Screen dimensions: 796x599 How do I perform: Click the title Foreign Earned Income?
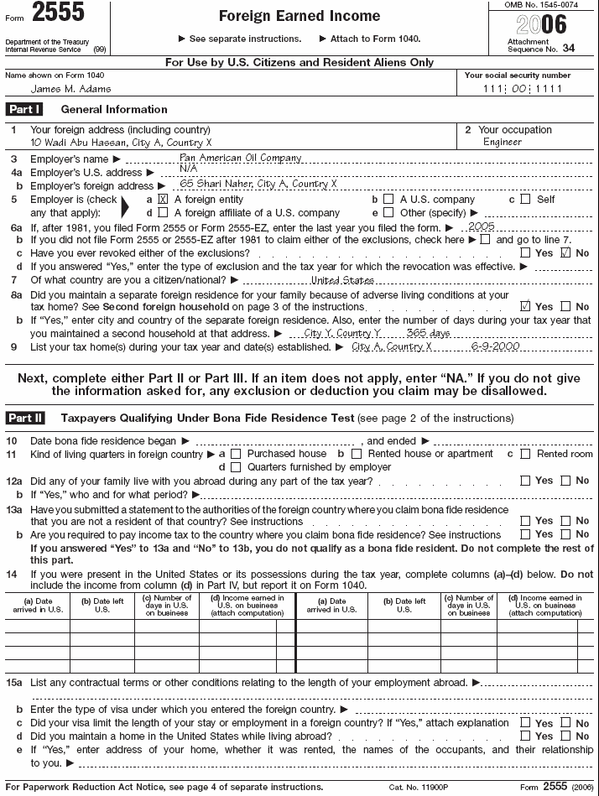tap(299, 16)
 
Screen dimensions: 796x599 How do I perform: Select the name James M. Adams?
tap(71, 88)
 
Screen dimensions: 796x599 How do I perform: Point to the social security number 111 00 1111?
tap(523, 89)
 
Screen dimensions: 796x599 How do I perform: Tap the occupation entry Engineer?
tap(502, 142)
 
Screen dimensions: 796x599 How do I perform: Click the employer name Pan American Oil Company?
tap(240, 158)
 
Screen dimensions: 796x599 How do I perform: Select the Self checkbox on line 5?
tap(525, 200)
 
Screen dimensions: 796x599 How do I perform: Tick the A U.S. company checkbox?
tap(388, 200)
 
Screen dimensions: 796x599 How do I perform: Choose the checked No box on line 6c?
tap(565, 252)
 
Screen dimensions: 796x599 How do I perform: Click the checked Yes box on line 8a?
tap(525, 306)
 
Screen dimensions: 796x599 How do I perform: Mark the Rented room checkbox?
tap(525, 454)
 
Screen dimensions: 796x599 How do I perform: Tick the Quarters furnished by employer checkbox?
tap(235, 467)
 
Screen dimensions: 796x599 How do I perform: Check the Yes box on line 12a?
tap(525, 481)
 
